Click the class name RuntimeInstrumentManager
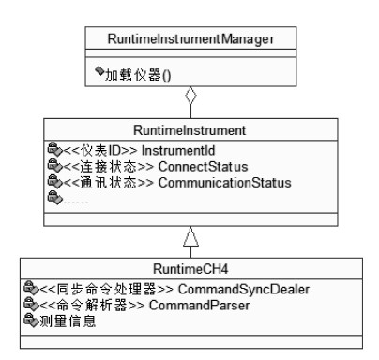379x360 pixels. [x=190, y=39]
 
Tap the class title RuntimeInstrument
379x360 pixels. [x=189, y=130]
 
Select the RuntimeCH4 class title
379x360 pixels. [x=190, y=269]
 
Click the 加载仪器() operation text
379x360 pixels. [x=138, y=75]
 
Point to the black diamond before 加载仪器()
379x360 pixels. [x=99, y=70]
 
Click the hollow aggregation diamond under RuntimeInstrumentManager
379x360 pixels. [x=190, y=96]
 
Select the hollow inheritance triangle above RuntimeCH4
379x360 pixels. [x=190, y=236]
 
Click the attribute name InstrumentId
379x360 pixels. [x=178, y=151]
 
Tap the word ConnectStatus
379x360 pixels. [x=203, y=167]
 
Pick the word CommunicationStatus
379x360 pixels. [x=225, y=183]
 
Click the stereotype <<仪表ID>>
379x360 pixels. [x=100, y=151]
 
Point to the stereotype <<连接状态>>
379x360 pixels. [x=109, y=167]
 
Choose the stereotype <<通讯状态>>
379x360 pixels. [x=109, y=183]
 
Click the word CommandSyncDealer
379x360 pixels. [x=244, y=290]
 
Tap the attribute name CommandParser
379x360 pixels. [x=199, y=306]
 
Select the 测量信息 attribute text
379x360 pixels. [x=68, y=322]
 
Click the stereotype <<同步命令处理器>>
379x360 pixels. [x=106, y=290]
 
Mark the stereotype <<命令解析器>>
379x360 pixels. [x=92, y=306]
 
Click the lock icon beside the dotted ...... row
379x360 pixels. [x=55, y=198]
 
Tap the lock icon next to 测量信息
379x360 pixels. [x=31, y=320]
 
